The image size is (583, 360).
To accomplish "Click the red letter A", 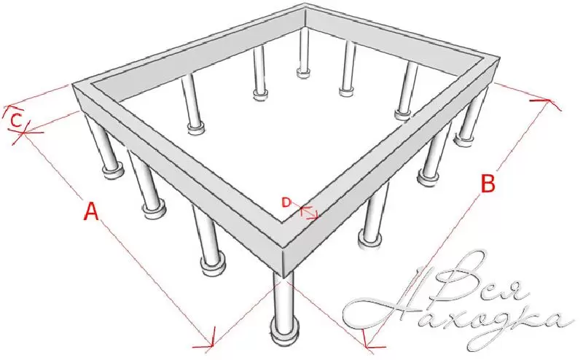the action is tap(92, 211).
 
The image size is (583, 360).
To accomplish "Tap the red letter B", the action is tap(488, 183).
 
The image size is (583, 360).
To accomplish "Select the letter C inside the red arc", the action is tap(16, 120).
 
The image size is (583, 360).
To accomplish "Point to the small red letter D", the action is tap(286, 203).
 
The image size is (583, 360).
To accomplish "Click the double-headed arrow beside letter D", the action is tap(309, 212).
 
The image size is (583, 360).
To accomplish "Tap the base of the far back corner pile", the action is tap(304, 73).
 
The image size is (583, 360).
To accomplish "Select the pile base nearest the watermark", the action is tap(369, 238).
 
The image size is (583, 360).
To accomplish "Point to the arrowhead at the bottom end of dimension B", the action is tap(368, 344).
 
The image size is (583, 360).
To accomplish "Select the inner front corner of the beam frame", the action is tap(281, 223).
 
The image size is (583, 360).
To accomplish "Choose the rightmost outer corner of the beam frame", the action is tap(499, 60).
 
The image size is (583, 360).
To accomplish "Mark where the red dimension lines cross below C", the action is tap(23, 133).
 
